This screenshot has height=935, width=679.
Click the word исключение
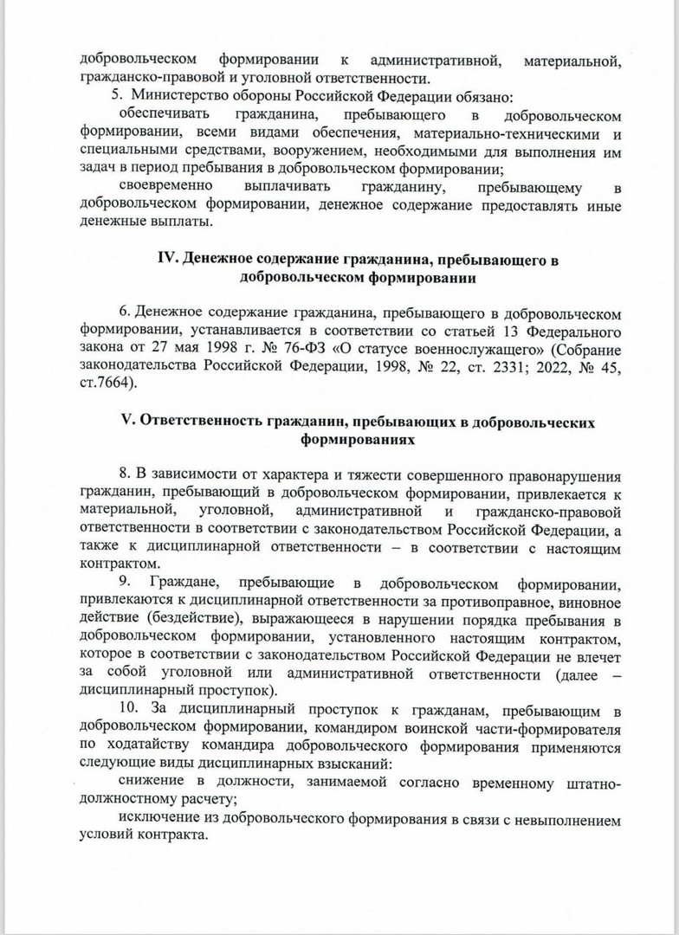[156, 819]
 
